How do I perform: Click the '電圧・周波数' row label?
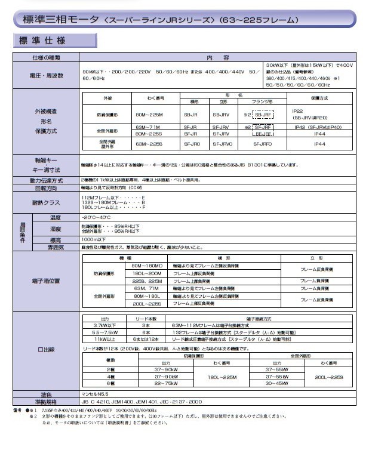(46, 74)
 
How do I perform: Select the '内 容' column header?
(213, 58)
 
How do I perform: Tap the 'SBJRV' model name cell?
(221, 114)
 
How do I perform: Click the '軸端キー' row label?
(46, 161)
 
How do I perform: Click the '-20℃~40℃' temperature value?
(96, 217)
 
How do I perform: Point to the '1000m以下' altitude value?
(94, 239)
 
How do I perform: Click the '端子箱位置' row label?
(46, 279)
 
